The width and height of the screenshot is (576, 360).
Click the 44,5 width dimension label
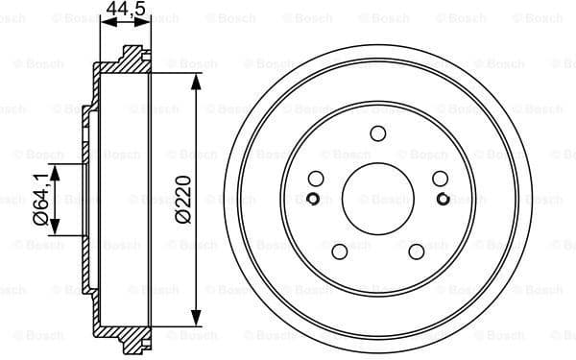point(125,11)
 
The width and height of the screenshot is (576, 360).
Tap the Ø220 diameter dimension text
point(184,201)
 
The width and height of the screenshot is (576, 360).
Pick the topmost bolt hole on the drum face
point(377,133)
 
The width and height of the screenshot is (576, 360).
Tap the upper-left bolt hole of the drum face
point(315,179)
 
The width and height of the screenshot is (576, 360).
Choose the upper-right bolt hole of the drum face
point(440,179)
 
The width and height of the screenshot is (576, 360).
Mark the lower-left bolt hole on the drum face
point(339,252)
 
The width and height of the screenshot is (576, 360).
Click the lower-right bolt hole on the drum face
point(417,252)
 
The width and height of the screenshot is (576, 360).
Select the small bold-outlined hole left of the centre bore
point(312,199)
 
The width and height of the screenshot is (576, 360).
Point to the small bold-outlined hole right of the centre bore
point(443,199)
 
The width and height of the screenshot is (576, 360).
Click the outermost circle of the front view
point(377,45)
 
